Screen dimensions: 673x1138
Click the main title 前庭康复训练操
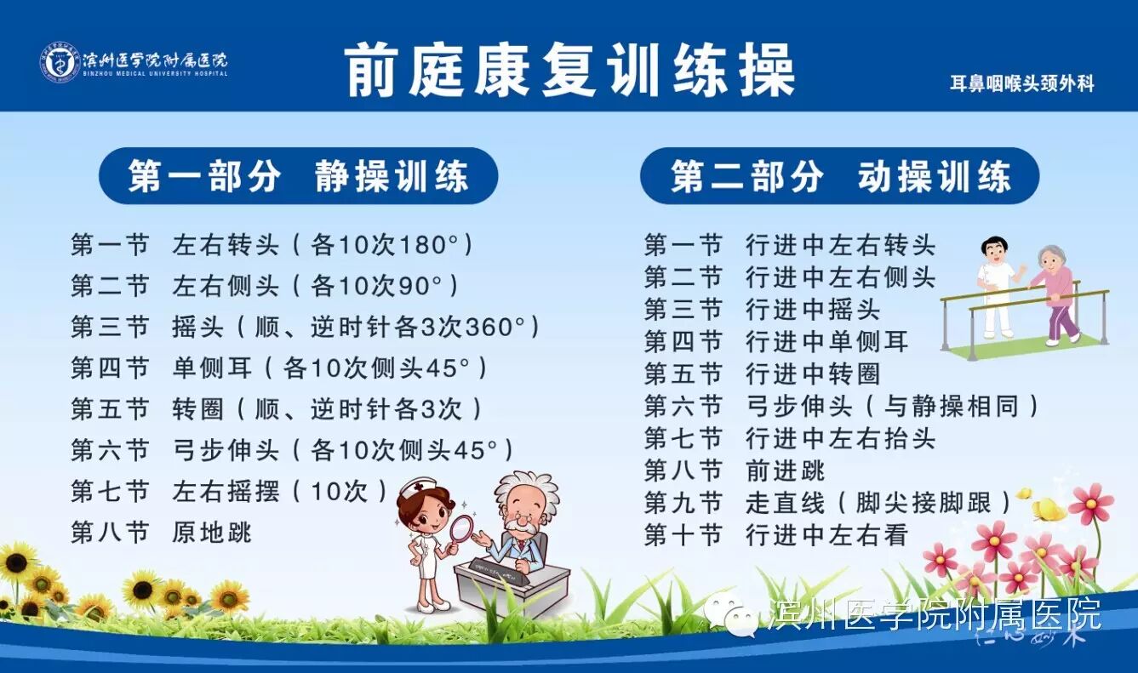pos(569,71)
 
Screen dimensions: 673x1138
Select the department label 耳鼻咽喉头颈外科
pos(1021,83)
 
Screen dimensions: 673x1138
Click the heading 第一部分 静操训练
pos(298,177)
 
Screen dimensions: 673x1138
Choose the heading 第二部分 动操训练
pos(839,177)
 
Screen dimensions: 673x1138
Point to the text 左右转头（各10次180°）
pos(322,245)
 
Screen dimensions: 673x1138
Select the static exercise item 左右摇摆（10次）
pos(279,491)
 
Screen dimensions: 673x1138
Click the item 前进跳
pos(785,470)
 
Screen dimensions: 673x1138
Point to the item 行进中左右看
pos(826,534)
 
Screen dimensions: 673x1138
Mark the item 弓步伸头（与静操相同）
pos(892,406)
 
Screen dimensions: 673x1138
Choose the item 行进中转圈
pos(812,374)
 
